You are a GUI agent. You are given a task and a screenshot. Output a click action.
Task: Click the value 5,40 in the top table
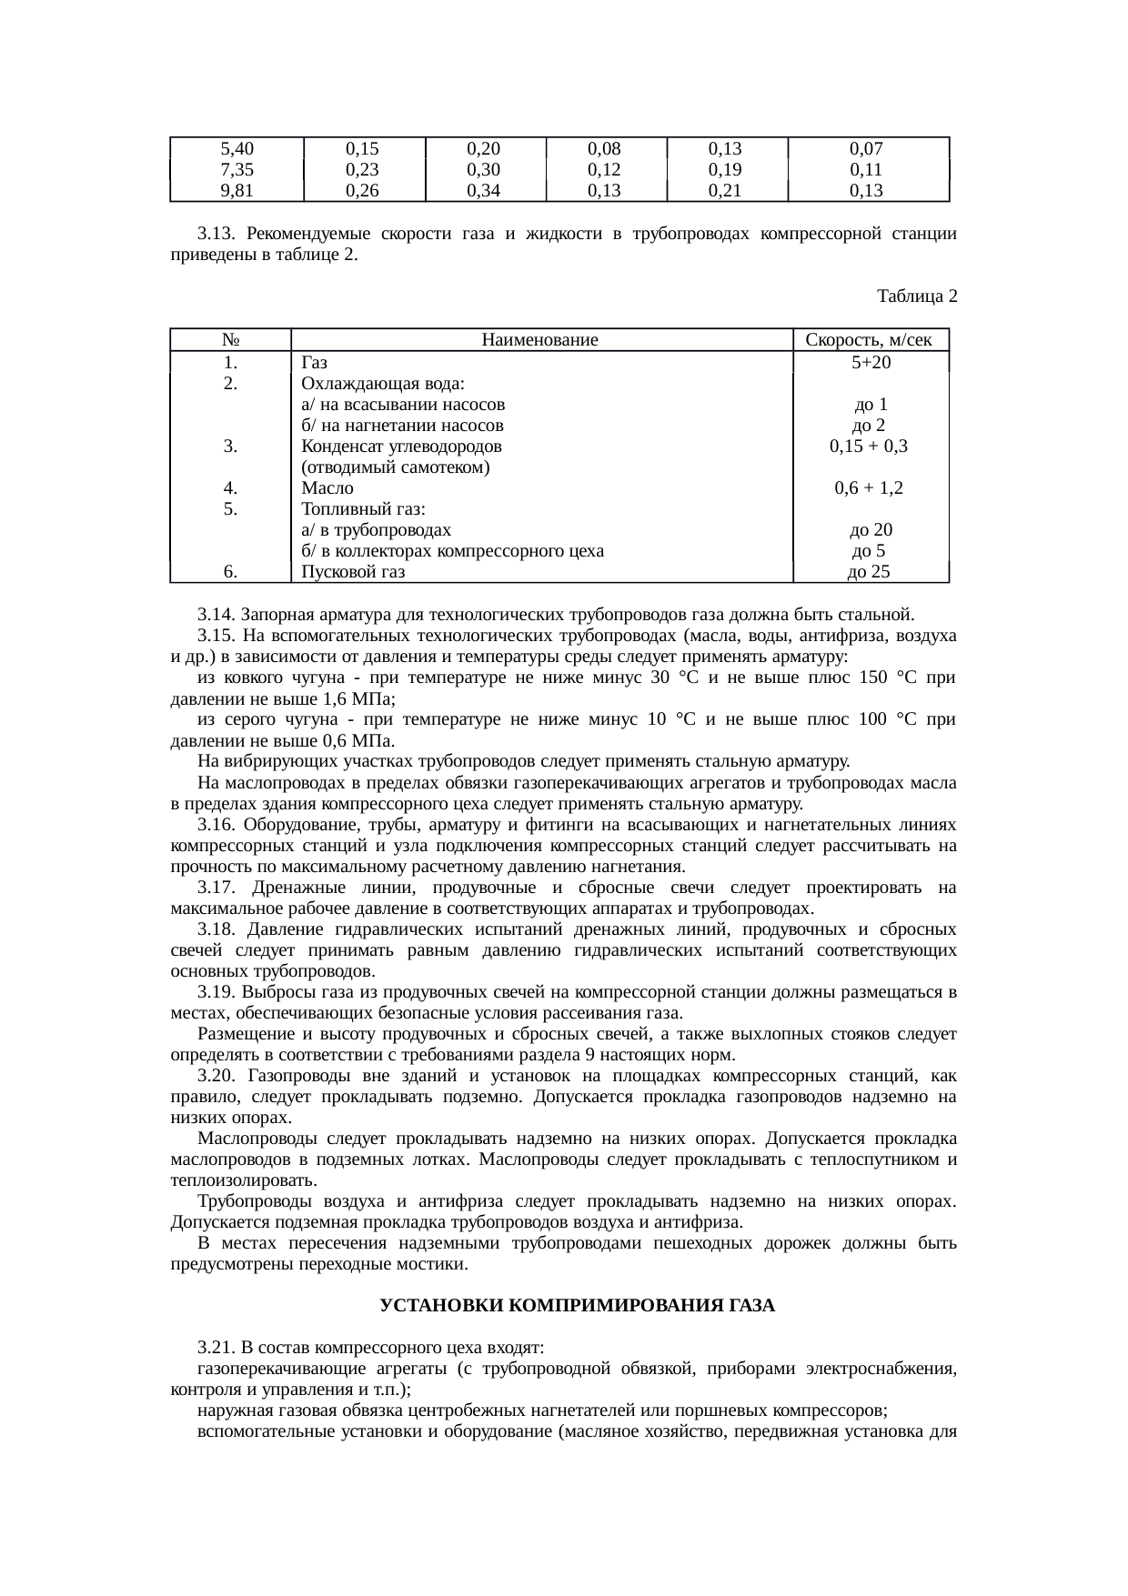[237, 148]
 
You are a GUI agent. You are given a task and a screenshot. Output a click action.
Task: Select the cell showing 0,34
[485, 190]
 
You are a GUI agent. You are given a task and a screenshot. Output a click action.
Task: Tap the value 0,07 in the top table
[867, 148]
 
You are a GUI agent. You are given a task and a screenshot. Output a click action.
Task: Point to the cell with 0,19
[726, 169]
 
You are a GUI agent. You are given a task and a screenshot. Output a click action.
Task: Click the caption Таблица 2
[916, 296]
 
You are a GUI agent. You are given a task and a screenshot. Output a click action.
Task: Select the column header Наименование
[540, 340]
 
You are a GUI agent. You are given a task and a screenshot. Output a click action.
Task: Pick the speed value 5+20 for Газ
[871, 363]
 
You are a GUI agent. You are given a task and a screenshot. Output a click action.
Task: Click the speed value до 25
[869, 572]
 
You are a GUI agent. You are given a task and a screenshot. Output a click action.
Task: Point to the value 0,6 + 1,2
[869, 488]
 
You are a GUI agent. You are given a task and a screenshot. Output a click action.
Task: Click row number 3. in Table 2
[231, 447]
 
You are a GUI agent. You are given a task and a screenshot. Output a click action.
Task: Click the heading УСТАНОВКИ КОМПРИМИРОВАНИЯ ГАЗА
[577, 1306]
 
